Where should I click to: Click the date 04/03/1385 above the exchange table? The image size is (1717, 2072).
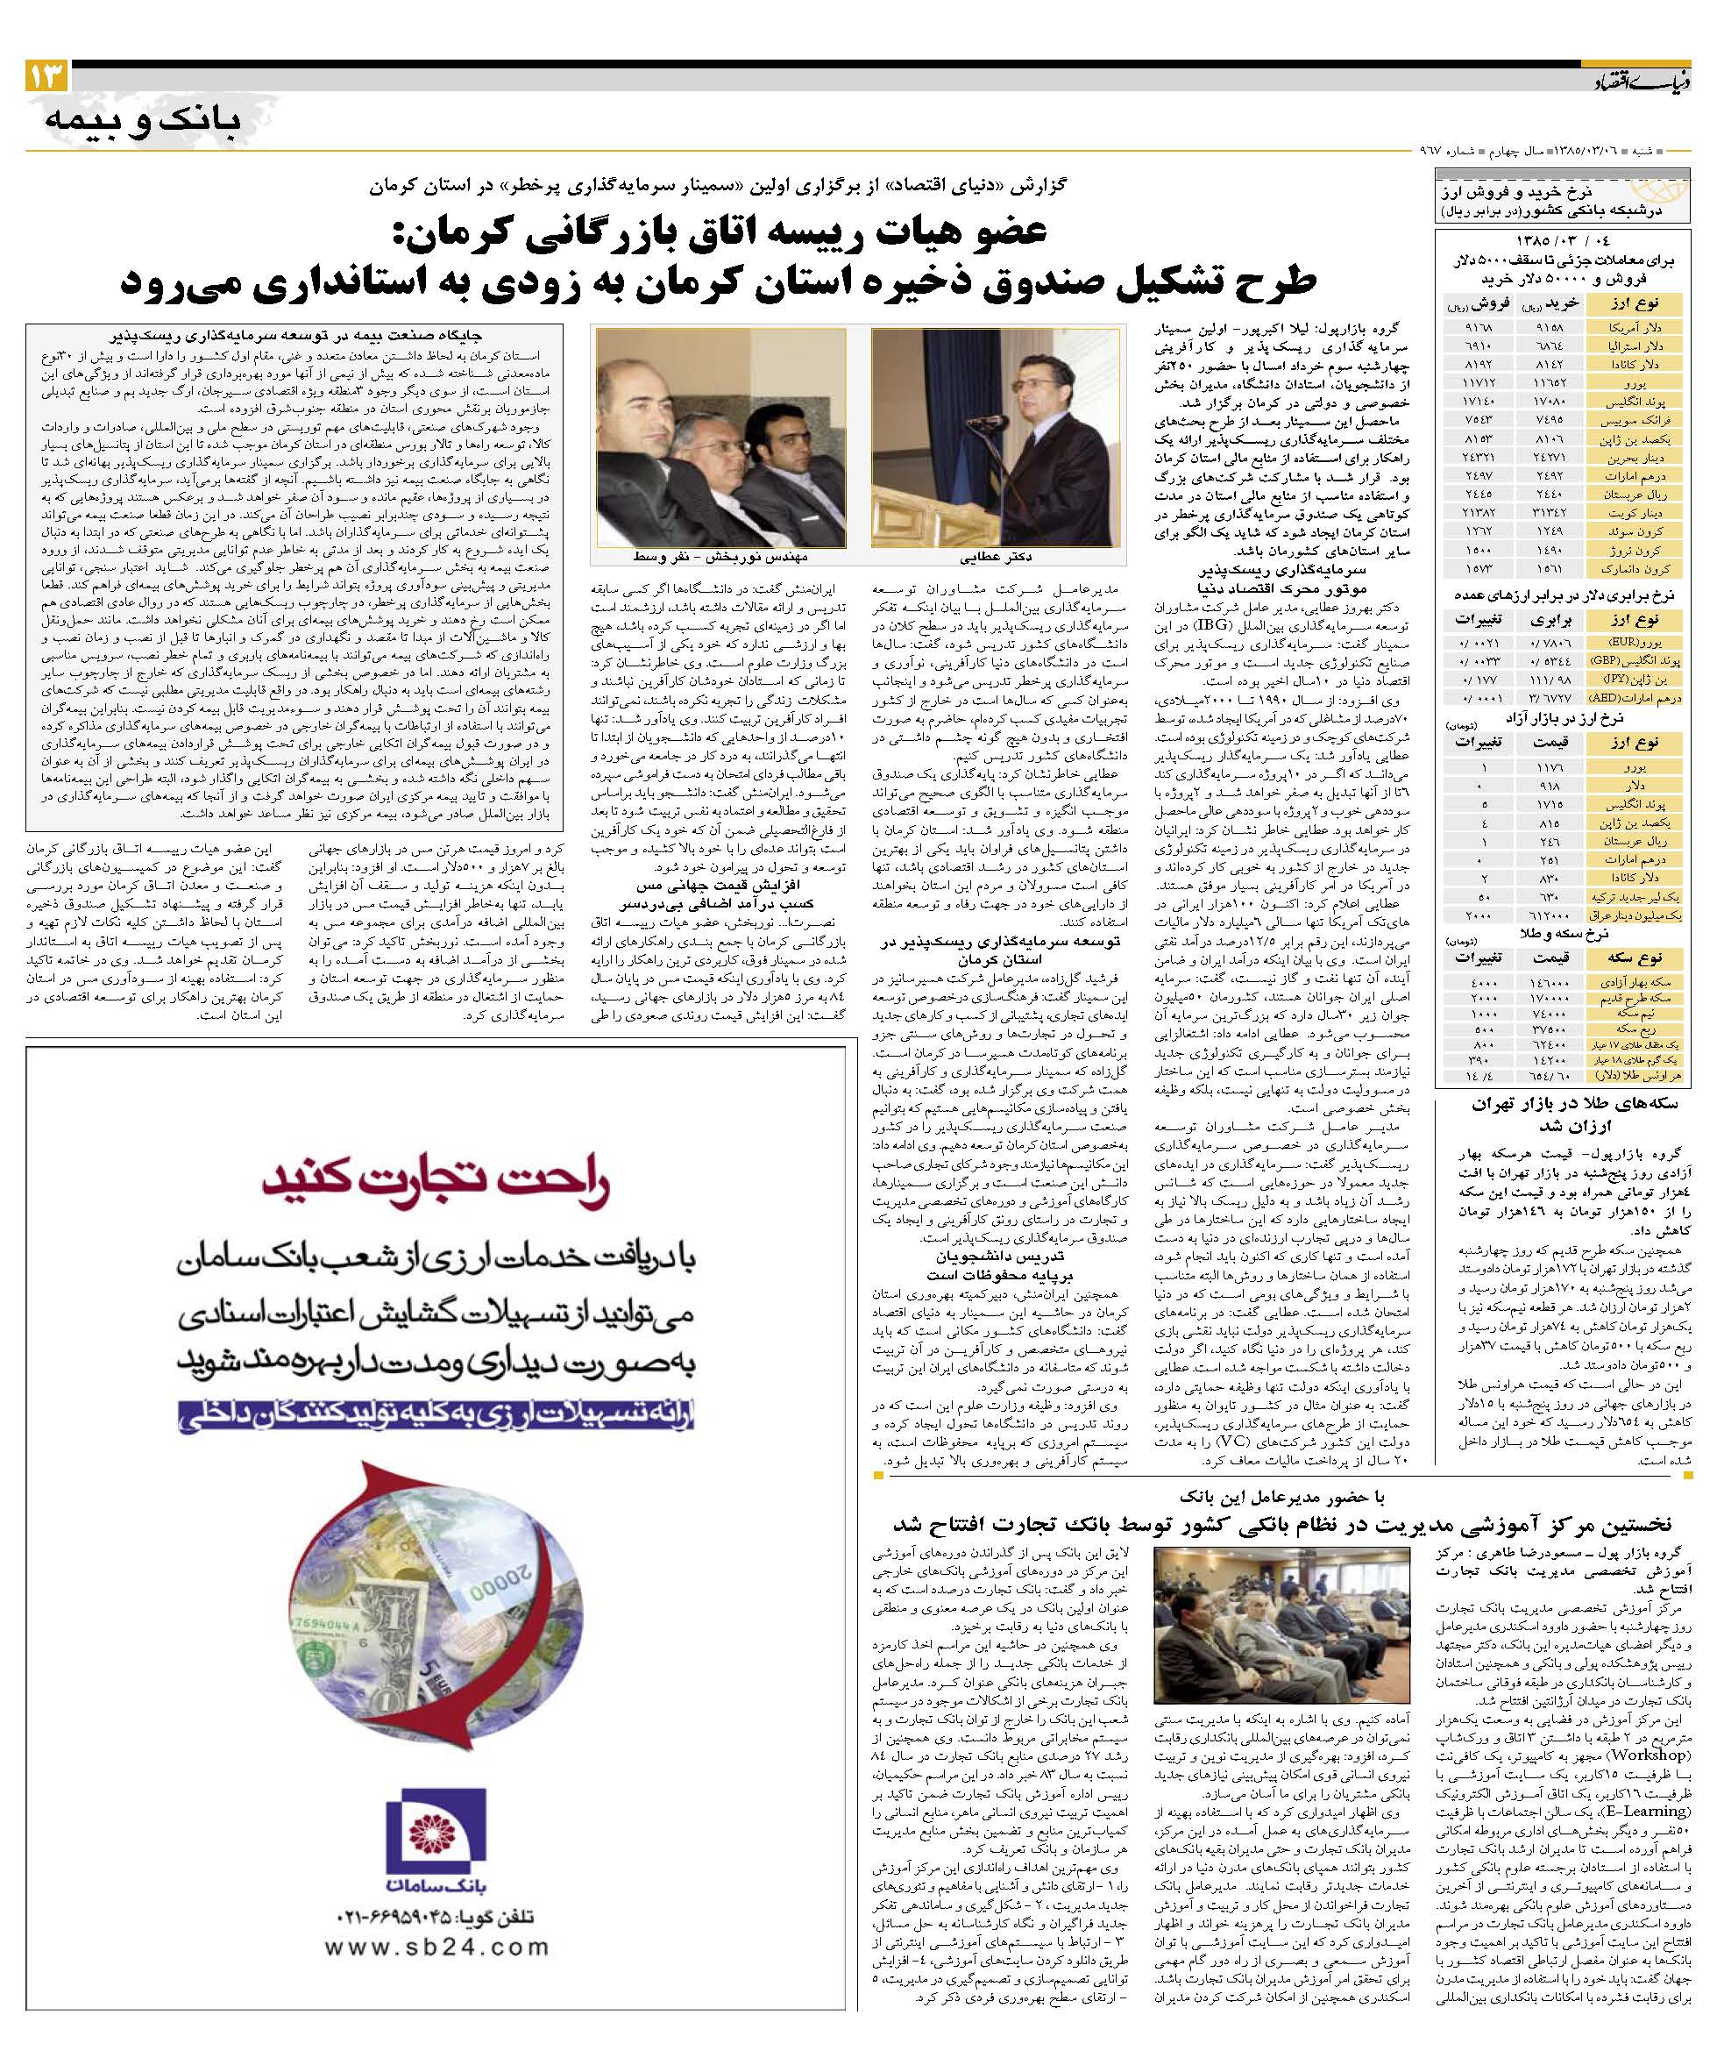(1563, 241)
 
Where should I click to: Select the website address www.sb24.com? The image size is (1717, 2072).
(436, 1947)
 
